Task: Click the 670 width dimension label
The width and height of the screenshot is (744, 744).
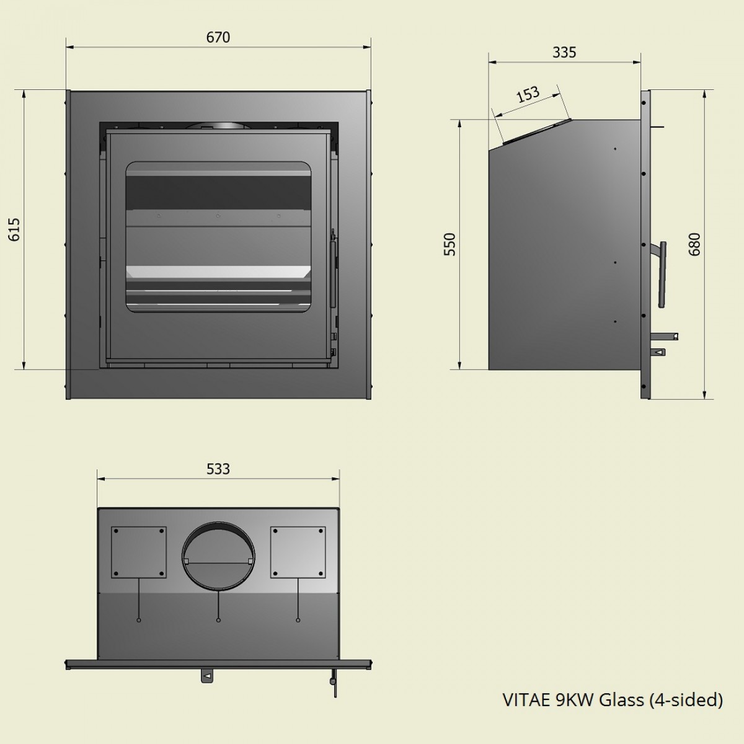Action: tap(218, 38)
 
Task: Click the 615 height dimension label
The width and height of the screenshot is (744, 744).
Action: tap(15, 229)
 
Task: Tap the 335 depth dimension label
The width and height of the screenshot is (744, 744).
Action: tap(564, 53)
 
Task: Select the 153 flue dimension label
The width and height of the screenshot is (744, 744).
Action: tap(528, 95)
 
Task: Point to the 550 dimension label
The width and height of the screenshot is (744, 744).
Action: tap(450, 244)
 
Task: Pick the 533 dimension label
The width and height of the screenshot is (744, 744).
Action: tap(218, 469)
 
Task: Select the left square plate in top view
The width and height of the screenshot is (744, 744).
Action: tap(138, 552)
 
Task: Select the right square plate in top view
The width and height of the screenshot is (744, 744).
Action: tap(298, 552)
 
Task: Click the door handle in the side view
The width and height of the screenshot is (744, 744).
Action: tap(662, 273)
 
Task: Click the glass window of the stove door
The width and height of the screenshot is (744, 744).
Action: tap(218, 236)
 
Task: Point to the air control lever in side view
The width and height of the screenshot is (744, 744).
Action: tap(667, 337)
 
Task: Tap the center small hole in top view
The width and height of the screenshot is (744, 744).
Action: tap(218, 619)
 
